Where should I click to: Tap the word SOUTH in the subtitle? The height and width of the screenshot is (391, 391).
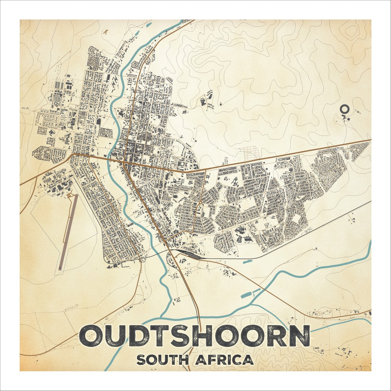(162, 360)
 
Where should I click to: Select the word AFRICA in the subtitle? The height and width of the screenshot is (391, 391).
(224, 360)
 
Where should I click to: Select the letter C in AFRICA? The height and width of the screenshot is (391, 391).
(238, 360)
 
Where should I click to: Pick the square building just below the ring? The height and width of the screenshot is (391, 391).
(348, 119)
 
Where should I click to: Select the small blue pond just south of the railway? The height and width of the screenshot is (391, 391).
(248, 262)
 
